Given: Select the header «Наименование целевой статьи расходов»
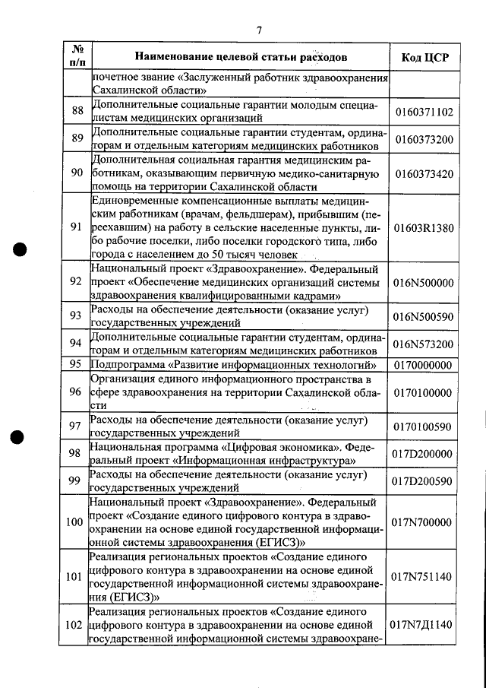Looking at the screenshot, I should (241, 57).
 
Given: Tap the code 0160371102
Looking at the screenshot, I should (424, 112).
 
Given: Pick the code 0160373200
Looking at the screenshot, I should (424, 140).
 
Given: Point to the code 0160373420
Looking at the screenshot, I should (424, 173).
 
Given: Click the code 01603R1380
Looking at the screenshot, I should (424, 227).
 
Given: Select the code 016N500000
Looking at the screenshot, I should (424, 282).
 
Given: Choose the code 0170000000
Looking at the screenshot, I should (424, 365).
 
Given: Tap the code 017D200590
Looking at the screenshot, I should (424, 481).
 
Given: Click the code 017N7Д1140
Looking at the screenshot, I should (424, 625).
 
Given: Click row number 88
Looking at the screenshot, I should (76, 112).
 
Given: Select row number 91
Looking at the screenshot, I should (76, 227).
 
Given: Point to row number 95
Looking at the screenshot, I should (76, 365).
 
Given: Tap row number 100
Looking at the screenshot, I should (75, 522).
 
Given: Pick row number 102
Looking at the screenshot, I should (75, 625).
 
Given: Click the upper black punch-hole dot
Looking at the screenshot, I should (21, 250).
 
